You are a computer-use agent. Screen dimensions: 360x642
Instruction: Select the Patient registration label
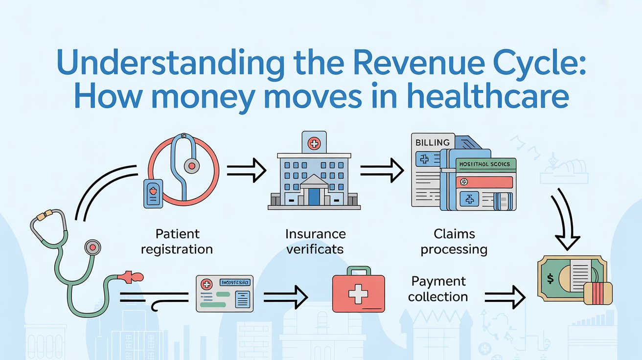177,241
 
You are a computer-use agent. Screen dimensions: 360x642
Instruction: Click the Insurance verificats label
315,241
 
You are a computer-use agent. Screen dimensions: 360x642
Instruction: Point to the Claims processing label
454,241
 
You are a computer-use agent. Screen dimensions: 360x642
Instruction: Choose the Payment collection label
438,289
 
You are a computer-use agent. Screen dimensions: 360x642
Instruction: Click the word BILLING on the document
432,142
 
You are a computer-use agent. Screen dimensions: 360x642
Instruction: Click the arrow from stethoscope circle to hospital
246,171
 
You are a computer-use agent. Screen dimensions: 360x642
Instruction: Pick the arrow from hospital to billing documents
382,171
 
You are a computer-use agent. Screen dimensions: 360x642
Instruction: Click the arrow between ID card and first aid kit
285,295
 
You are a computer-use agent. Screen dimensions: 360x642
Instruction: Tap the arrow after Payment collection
504,296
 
